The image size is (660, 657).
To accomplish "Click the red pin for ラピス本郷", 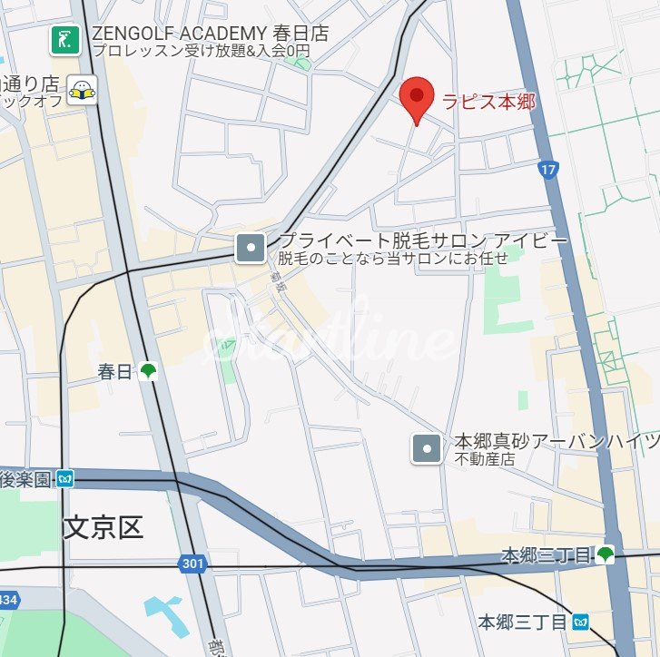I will click(416, 96).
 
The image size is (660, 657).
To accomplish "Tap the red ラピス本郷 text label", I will click(488, 102).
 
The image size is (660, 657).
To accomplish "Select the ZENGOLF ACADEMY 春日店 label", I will click(210, 34).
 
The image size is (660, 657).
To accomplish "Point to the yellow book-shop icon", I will click(83, 89).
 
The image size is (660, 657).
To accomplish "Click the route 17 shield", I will click(547, 169).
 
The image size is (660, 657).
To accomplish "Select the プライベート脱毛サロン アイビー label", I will click(422, 240).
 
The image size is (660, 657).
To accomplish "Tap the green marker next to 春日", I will click(147, 370).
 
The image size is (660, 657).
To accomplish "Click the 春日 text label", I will click(115, 370).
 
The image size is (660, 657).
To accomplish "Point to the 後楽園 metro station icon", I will click(64, 477).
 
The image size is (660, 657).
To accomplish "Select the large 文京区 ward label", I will click(103, 528).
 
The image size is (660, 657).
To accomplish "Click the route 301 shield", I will click(192, 564).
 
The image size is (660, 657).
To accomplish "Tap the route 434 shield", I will click(6, 600).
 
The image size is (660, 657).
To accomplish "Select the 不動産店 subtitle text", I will click(485, 459).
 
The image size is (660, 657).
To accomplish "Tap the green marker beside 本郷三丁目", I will click(605, 554).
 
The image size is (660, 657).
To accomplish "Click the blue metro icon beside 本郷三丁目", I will click(580, 622).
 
